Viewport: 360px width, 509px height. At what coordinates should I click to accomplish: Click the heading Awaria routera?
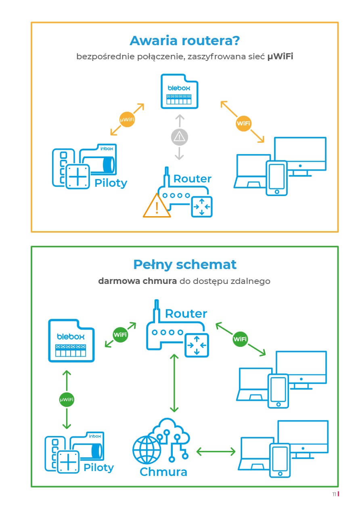pyautogui.click(x=185, y=41)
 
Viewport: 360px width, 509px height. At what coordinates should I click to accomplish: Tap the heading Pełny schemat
pyautogui.click(x=184, y=265)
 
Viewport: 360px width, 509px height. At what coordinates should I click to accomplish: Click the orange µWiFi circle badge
pyautogui.click(x=127, y=120)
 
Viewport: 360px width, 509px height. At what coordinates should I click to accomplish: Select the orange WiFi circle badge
pyautogui.click(x=243, y=123)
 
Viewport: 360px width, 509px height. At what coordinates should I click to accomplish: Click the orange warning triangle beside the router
pyautogui.click(x=156, y=206)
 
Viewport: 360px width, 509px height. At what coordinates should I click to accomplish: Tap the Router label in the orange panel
pyautogui.click(x=192, y=179)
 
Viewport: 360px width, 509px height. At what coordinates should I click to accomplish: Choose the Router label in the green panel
pyautogui.click(x=186, y=313)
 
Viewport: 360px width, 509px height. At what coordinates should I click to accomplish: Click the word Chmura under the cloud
pyautogui.click(x=163, y=471)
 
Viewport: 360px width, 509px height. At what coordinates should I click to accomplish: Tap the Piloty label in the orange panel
pyautogui.click(x=111, y=183)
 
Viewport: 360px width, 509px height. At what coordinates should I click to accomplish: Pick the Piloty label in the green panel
pyautogui.click(x=98, y=468)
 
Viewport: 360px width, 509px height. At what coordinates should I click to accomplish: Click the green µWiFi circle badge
pyautogui.click(x=67, y=400)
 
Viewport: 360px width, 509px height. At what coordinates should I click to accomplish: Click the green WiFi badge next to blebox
pyautogui.click(x=120, y=334)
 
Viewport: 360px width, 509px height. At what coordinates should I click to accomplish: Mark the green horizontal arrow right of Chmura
pyautogui.click(x=216, y=451)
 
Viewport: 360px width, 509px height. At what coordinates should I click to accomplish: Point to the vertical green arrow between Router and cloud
pyautogui.click(x=174, y=383)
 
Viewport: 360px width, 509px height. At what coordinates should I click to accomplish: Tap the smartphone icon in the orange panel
pyautogui.click(x=276, y=177)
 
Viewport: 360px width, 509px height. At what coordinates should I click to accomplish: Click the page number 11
pyautogui.click(x=334, y=494)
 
